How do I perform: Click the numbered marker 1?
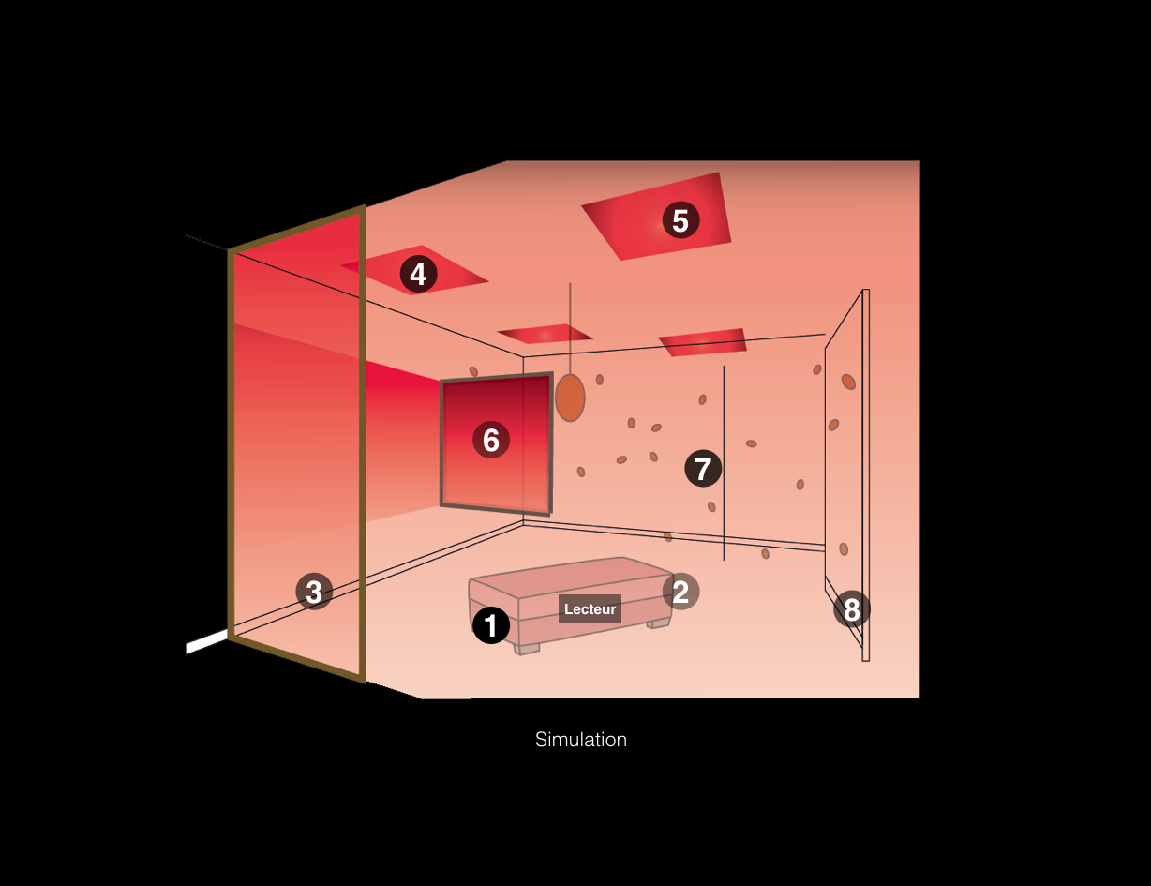pos(491,625)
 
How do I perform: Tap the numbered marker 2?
pos(680,592)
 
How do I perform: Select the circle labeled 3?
pos(314,592)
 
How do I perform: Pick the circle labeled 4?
pos(418,275)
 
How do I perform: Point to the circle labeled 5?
pos(680,219)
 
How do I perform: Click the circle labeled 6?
pos(491,440)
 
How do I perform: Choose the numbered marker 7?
pos(703,468)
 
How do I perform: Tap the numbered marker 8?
pos(851,609)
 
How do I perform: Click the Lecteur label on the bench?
pos(590,609)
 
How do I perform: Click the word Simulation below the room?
pos(580,740)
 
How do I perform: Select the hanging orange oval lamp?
pos(570,398)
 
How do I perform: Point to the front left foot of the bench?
pos(527,649)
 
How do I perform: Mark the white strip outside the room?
pos(206,642)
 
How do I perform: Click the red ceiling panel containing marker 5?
pos(657,216)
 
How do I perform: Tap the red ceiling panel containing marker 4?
pos(414,270)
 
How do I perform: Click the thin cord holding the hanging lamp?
pos(570,328)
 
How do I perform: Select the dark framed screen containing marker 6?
pos(497,443)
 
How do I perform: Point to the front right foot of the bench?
pos(659,623)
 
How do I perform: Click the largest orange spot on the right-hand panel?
pos(848,382)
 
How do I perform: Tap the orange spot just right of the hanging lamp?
pos(600,379)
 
